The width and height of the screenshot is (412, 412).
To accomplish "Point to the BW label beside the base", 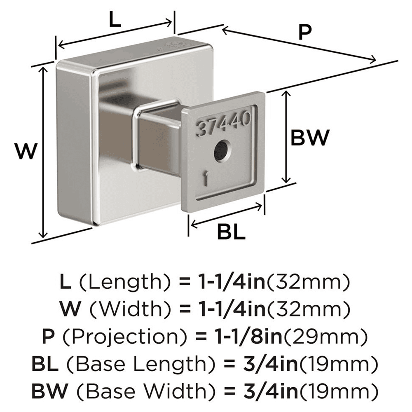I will point(310,138).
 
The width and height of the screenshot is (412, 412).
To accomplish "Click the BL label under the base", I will point(231,233).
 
